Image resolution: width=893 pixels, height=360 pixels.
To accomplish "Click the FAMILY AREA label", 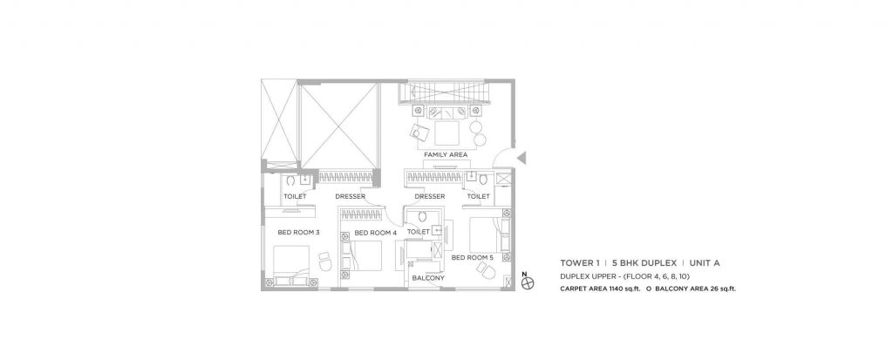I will tap(446, 154).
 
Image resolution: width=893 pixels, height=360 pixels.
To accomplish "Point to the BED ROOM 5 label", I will tap(473, 258).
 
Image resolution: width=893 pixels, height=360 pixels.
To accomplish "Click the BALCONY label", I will tap(427, 278).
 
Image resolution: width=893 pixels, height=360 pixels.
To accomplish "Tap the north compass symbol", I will tap(525, 282).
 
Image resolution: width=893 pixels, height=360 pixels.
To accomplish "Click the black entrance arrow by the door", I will tap(519, 158).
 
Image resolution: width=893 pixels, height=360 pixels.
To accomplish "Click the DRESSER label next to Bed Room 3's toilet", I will tap(349, 197).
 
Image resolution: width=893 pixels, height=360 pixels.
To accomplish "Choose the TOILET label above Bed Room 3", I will tap(293, 197).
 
